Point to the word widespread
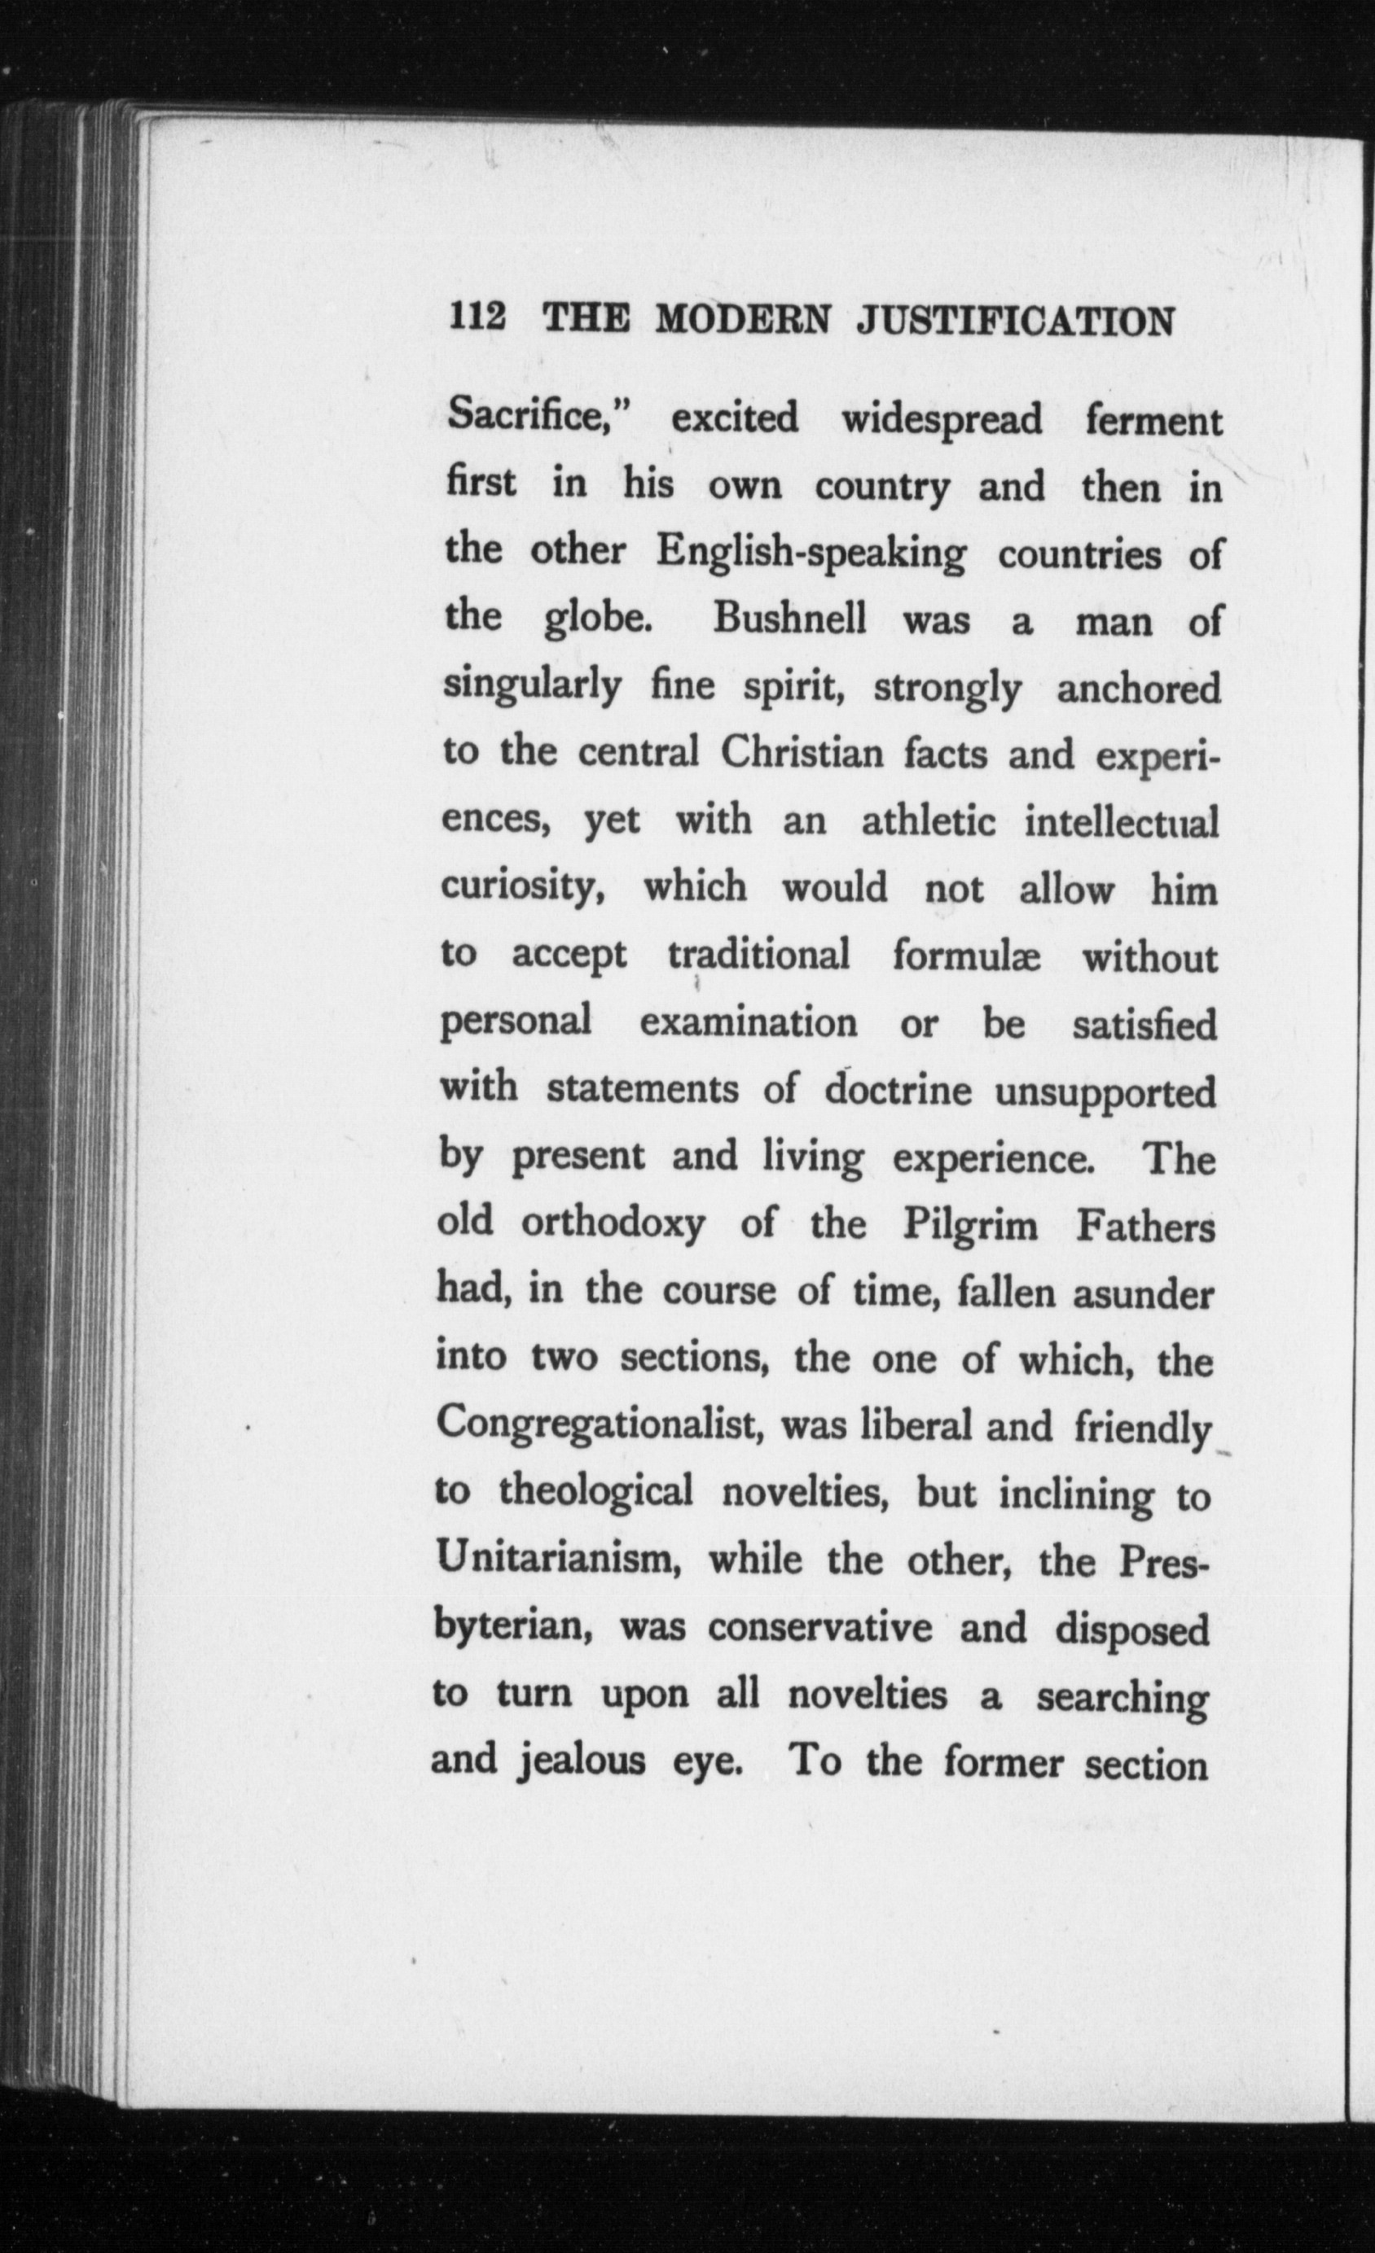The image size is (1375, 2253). [x=942, y=420]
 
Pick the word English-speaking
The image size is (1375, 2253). [x=811, y=555]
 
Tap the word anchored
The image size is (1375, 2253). [x=1138, y=688]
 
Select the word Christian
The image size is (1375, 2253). [x=802, y=755]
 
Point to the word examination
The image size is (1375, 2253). [x=749, y=1022]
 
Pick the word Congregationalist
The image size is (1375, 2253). [x=600, y=1425]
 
